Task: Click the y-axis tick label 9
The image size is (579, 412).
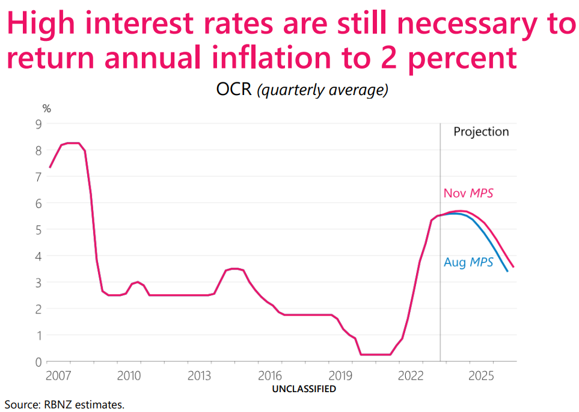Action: pos(38,124)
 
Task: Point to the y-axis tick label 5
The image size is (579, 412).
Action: pos(38,230)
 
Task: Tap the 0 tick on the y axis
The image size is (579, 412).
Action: pos(38,362)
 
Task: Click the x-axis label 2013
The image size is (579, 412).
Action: pos(199,376)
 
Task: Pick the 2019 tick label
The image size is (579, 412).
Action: pos(340,376)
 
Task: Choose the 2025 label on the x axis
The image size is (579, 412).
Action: pos(482,376)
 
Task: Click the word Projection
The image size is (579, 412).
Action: pos(481,132)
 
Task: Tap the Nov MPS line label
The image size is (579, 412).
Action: pos(468,193)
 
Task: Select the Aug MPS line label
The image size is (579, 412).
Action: pos(468,262)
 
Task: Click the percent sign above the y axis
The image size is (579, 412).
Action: pos(46,109)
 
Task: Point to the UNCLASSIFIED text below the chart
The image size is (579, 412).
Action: pos(304,389)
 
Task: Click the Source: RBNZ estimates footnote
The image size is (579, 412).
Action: pos(64,404)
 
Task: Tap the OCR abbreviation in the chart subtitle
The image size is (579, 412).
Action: pos(233,90)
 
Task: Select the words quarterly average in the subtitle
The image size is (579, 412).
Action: pos(322,90)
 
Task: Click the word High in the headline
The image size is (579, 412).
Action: pos(45,25)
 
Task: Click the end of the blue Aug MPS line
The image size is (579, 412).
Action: pos(507,271)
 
